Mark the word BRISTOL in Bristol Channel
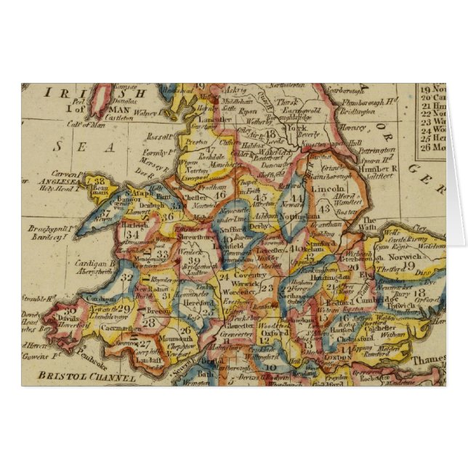point(59,375)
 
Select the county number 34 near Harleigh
point(132,235)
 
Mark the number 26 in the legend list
point(424,147)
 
